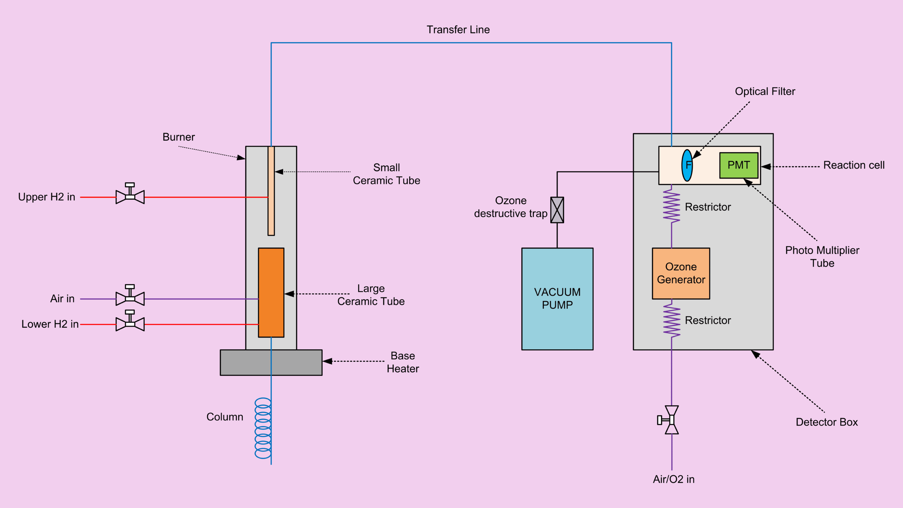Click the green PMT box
(x=739, y=165)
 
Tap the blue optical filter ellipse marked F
(x=687, y=165)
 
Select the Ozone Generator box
(x=681, y=273)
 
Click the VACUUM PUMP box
(x=557, y=299)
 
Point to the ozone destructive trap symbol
(x=557, y=210)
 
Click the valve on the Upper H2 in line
(x=130, y=195)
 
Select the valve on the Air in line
(x=130, y=297)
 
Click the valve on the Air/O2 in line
(x=670, y=420)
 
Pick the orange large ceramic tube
(x=271, y=292)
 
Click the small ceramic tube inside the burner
(x=271, y=190)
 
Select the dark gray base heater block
(x=271, y=362)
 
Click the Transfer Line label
(x=458, y=30)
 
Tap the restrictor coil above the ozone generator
(x=671, y=207)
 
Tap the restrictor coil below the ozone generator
(x=671, y=321)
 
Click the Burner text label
(x=178, y=137)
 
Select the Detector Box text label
(x=826, y=422)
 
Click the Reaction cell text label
(x=854, y=165)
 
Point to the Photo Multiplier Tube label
(x=822, y=256)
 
